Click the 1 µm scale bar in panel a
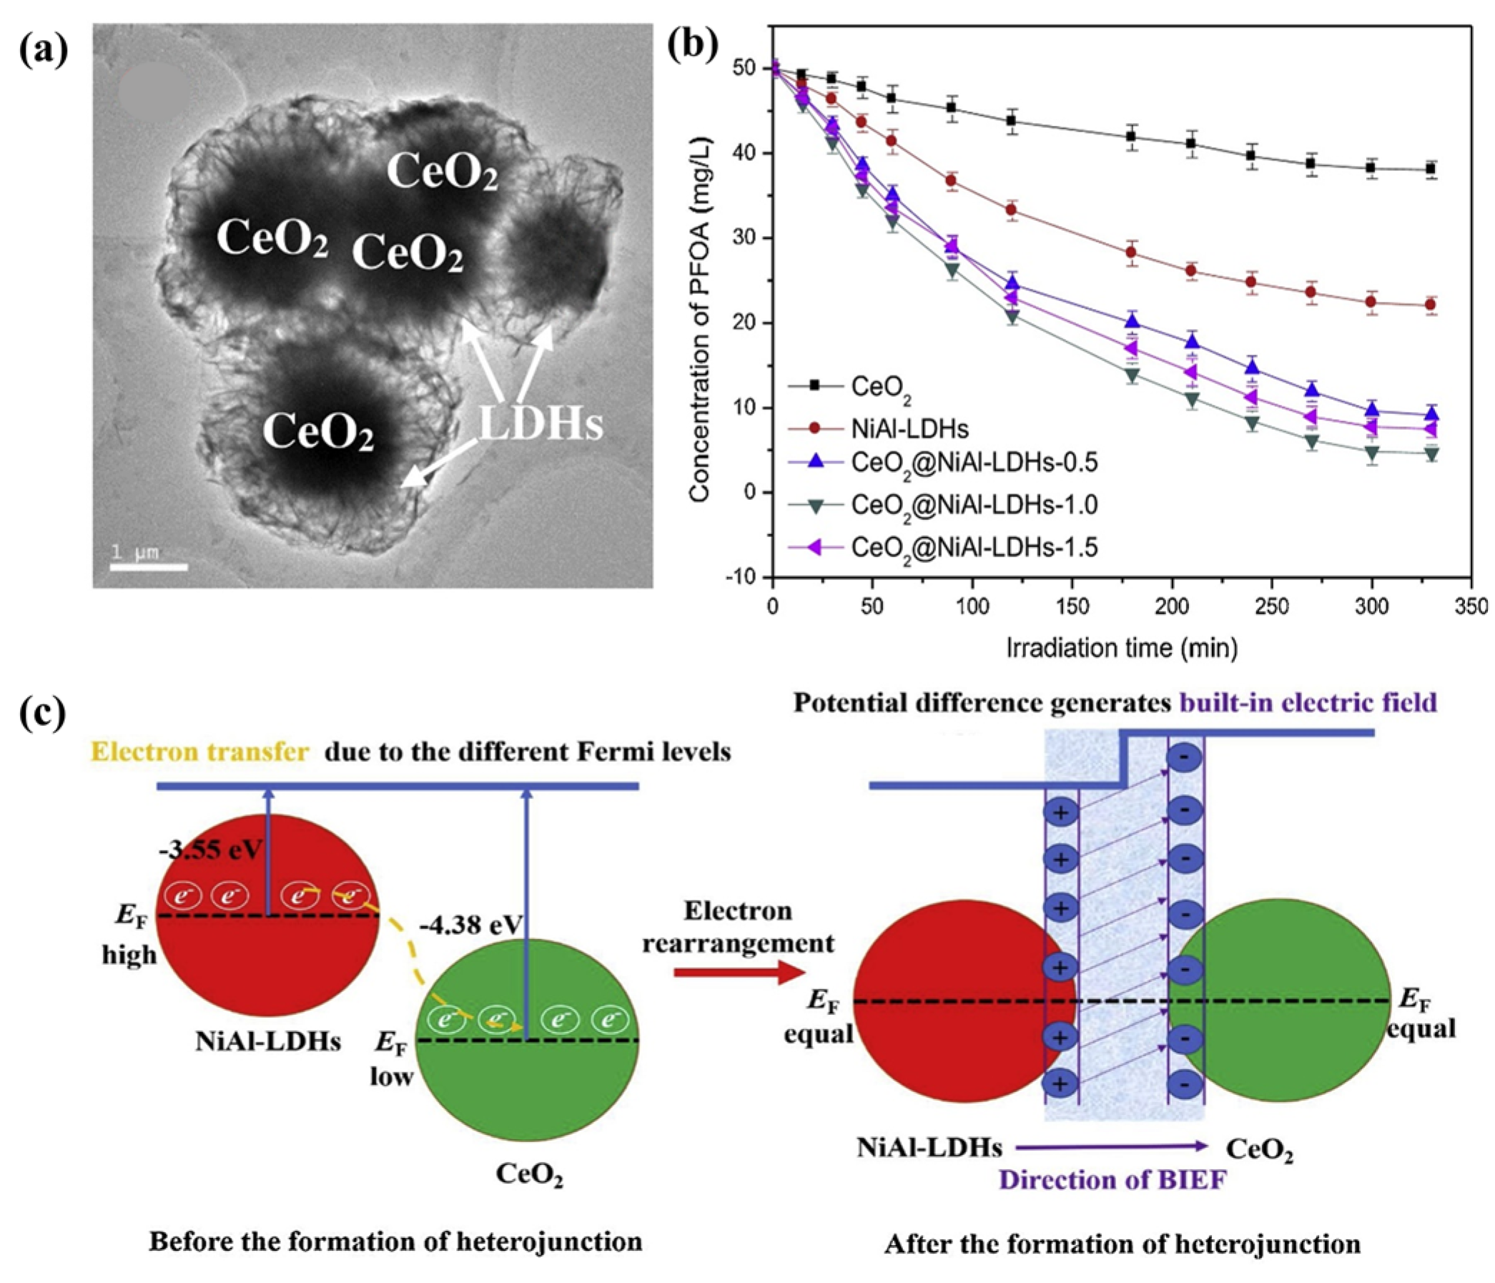(149, 566)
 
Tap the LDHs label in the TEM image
(541, 424)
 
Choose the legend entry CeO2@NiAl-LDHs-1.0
(974, 504)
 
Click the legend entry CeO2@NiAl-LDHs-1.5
(974, 548)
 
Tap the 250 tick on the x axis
(1271, 606)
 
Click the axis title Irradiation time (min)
(1122, 647)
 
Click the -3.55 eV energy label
(211, 850)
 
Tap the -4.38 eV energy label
(470, 925)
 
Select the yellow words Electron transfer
(201, 752)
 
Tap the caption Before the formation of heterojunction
(395, 1242)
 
